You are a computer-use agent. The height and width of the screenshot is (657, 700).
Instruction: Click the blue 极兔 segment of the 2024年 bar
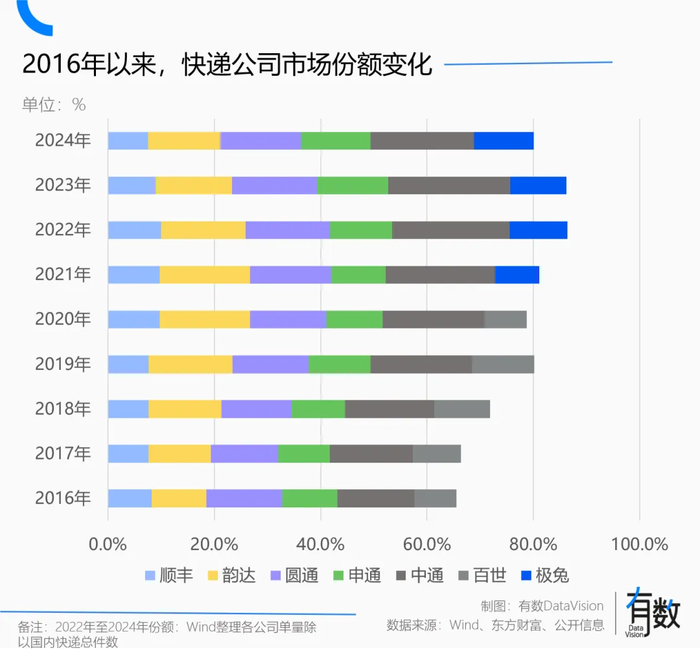point(504,141)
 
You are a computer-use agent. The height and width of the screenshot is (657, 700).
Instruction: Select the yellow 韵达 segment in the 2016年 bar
point(179,498)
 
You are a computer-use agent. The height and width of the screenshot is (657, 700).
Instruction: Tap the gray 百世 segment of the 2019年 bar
point(503,364)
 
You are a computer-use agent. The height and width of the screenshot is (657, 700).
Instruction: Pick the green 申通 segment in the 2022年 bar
point(361,230)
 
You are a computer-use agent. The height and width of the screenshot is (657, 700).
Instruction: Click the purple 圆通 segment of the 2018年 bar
point(256,409)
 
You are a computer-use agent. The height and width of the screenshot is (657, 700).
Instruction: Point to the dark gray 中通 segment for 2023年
point(449,185)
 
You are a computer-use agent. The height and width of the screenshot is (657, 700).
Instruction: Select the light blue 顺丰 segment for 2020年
point(134,319)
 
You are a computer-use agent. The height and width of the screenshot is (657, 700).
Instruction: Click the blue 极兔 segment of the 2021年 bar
point(517,275)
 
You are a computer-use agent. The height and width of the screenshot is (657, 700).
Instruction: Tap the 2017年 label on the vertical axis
point(63,454)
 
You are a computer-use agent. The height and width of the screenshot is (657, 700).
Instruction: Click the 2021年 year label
point(63,275)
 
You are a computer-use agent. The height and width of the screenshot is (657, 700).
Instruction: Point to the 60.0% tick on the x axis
point(426,544)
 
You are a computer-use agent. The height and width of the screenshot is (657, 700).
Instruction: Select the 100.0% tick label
point(639,544)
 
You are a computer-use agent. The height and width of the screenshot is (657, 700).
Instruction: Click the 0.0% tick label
point(108,544)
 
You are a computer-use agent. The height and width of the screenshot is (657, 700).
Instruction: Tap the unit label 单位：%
point(54,104)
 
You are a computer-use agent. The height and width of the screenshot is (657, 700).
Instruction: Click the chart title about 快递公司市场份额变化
point(227,65)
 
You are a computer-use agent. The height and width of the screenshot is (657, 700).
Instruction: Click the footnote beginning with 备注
point(167,634)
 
